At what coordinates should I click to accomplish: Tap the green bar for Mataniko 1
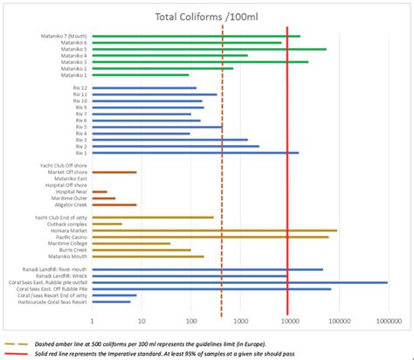pos(140,75)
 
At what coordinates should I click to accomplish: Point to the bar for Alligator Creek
pos(114,204)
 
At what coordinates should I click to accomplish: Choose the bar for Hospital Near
pos(99,191)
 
